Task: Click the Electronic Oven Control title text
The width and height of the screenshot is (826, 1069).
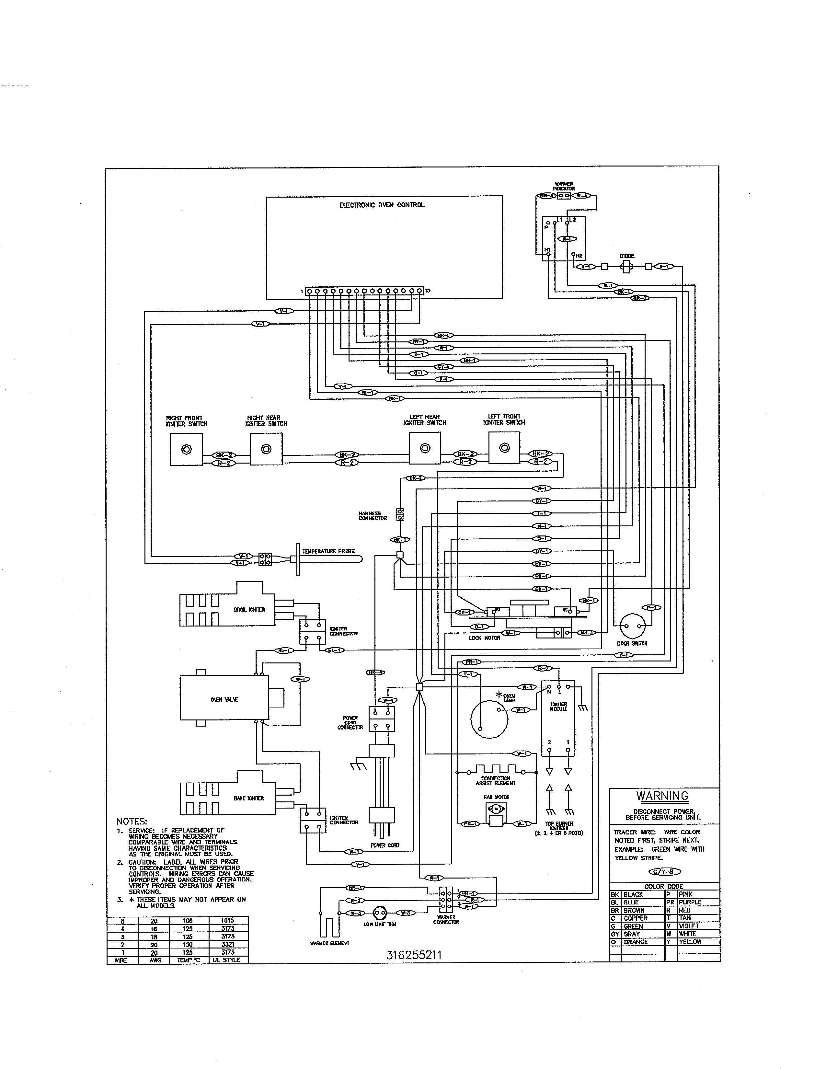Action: click(382, 205)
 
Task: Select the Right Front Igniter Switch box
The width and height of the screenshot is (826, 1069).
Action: click(186, 449)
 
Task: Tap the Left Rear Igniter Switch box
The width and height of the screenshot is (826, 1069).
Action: click(425, 448)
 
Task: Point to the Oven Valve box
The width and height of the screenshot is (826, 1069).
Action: click(224, 699)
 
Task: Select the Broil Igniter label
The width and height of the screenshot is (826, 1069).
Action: click(249, 609)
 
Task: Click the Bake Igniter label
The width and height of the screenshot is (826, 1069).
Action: click(248, 798)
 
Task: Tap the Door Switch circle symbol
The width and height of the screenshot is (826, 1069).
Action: click(633, 626)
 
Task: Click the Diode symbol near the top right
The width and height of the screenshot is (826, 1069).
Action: click(627, 266)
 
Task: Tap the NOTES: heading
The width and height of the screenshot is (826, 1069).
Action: click(132, 821)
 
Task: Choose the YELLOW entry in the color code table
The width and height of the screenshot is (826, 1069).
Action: click(690, 942)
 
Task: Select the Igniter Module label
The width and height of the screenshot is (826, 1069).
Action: click(558, 706)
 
